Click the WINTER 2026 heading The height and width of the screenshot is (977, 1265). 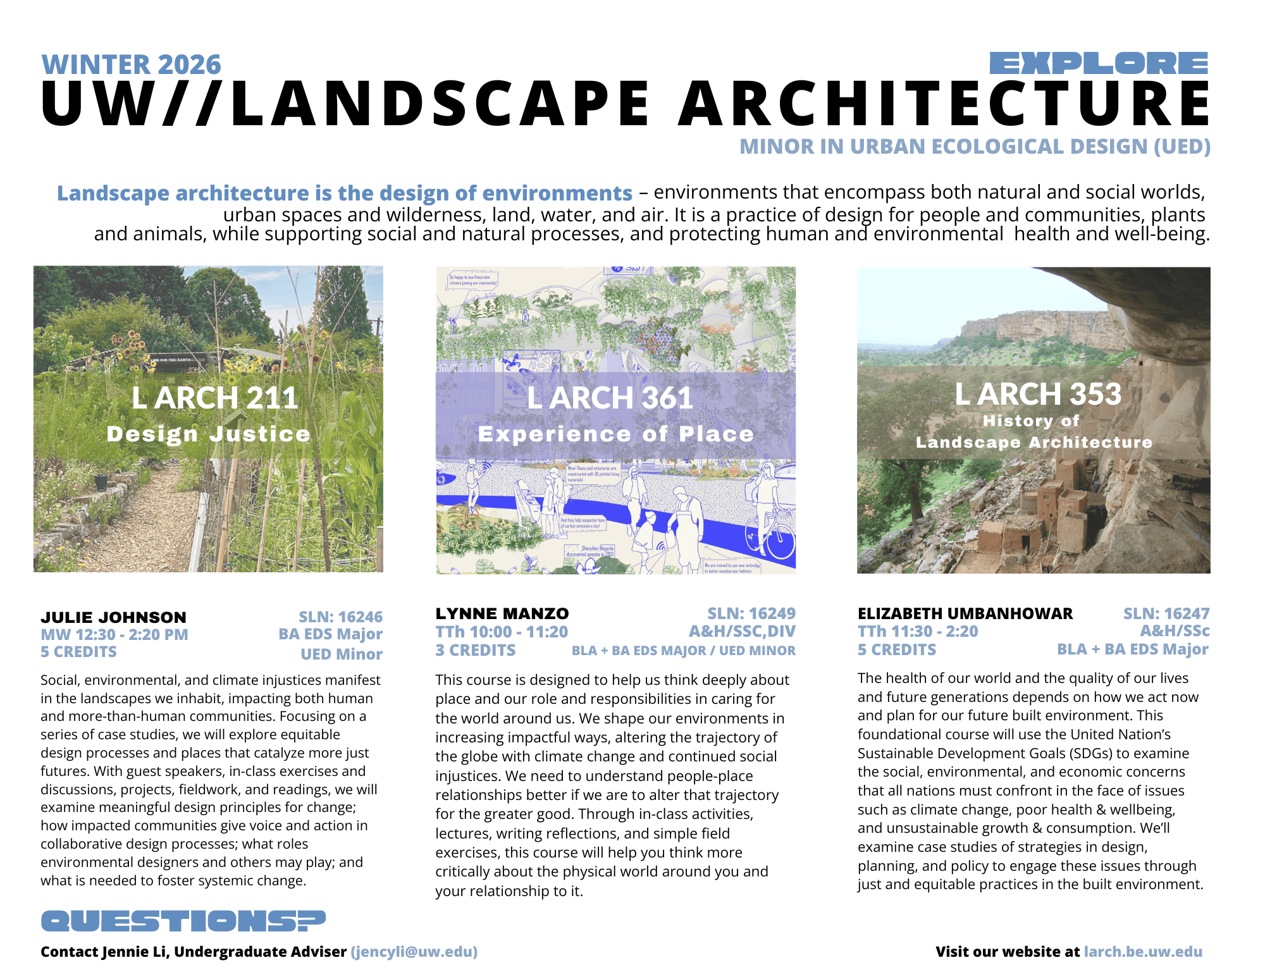tap(131, 65)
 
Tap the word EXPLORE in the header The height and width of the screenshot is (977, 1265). tap(1099, 64)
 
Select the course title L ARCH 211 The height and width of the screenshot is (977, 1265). tap(214, 398)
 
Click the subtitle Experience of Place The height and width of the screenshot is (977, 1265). tap(615, 434)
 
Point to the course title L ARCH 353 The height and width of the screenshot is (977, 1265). tap(1037, 394)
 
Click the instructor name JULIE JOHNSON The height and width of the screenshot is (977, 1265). tap(114, 617)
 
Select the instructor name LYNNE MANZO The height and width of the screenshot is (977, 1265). tap(502, 613)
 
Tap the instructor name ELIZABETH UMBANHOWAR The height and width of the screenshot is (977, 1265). tap(965, 613)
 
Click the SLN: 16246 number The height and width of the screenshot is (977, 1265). tap(340, 617)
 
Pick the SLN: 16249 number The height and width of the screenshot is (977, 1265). tap(751, 613)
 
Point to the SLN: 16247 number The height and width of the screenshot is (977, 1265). tap(1166, 613)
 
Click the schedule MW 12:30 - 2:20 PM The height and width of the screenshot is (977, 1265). tap(114, 634)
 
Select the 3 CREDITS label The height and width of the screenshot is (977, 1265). tap(476, 650)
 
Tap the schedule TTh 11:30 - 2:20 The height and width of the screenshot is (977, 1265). tap(918, 631)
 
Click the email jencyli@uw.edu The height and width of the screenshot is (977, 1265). tap(414, 952)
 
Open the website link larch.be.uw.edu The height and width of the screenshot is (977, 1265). tap(1142, 952)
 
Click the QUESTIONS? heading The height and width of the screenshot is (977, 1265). tap(183, 921)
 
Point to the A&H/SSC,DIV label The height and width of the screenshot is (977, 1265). tap(742, 631)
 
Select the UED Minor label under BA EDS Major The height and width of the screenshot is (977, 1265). tap(342, 654)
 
